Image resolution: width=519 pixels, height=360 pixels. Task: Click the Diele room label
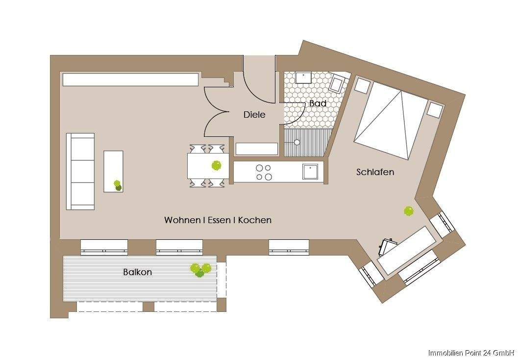254,115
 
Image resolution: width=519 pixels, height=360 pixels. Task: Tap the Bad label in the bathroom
318,103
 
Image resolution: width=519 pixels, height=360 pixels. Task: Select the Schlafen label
375,172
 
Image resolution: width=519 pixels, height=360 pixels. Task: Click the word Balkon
137,272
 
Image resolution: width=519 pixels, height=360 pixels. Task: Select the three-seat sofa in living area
80,171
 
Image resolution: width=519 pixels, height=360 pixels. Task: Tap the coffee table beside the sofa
113,171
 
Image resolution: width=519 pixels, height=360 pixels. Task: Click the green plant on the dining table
216,165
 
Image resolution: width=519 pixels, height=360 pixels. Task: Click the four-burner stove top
264,172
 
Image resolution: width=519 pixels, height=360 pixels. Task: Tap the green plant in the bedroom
409,211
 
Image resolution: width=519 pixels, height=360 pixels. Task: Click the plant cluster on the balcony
200,269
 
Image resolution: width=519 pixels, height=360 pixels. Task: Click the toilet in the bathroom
337,85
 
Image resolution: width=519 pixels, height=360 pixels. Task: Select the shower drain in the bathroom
297,143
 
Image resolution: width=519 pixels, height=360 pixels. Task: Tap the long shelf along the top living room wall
130,79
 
